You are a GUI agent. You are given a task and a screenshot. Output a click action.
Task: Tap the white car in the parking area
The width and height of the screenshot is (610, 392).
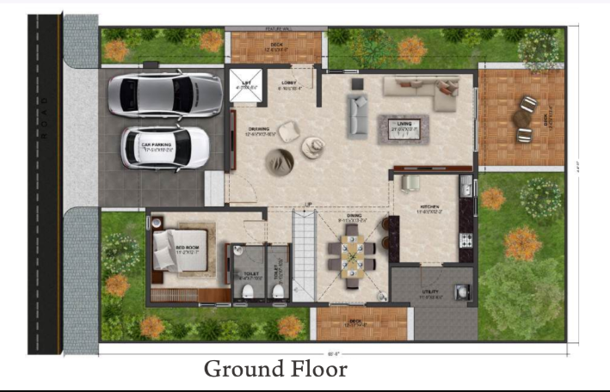tap(165, 147)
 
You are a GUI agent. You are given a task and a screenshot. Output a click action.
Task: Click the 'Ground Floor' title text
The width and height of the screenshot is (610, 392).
tap(275, 370)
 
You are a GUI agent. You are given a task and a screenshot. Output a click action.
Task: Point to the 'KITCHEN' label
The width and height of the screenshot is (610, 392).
tap(429, 207)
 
